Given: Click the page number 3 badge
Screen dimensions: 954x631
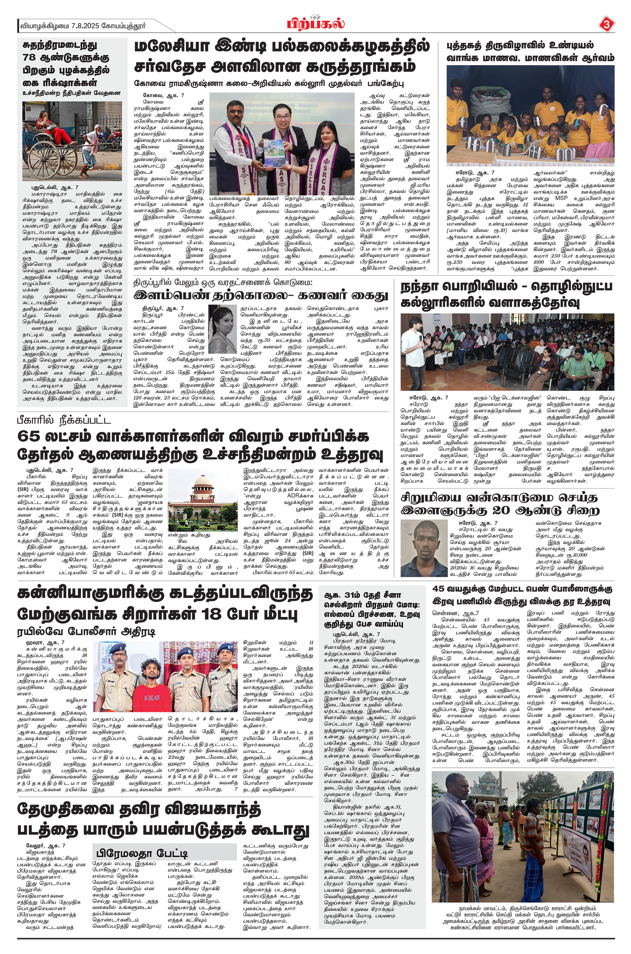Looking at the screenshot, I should pyautogui.click(x=606, y=25).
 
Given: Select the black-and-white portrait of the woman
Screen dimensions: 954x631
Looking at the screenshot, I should pyautogui.click(x=222, y=329).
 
